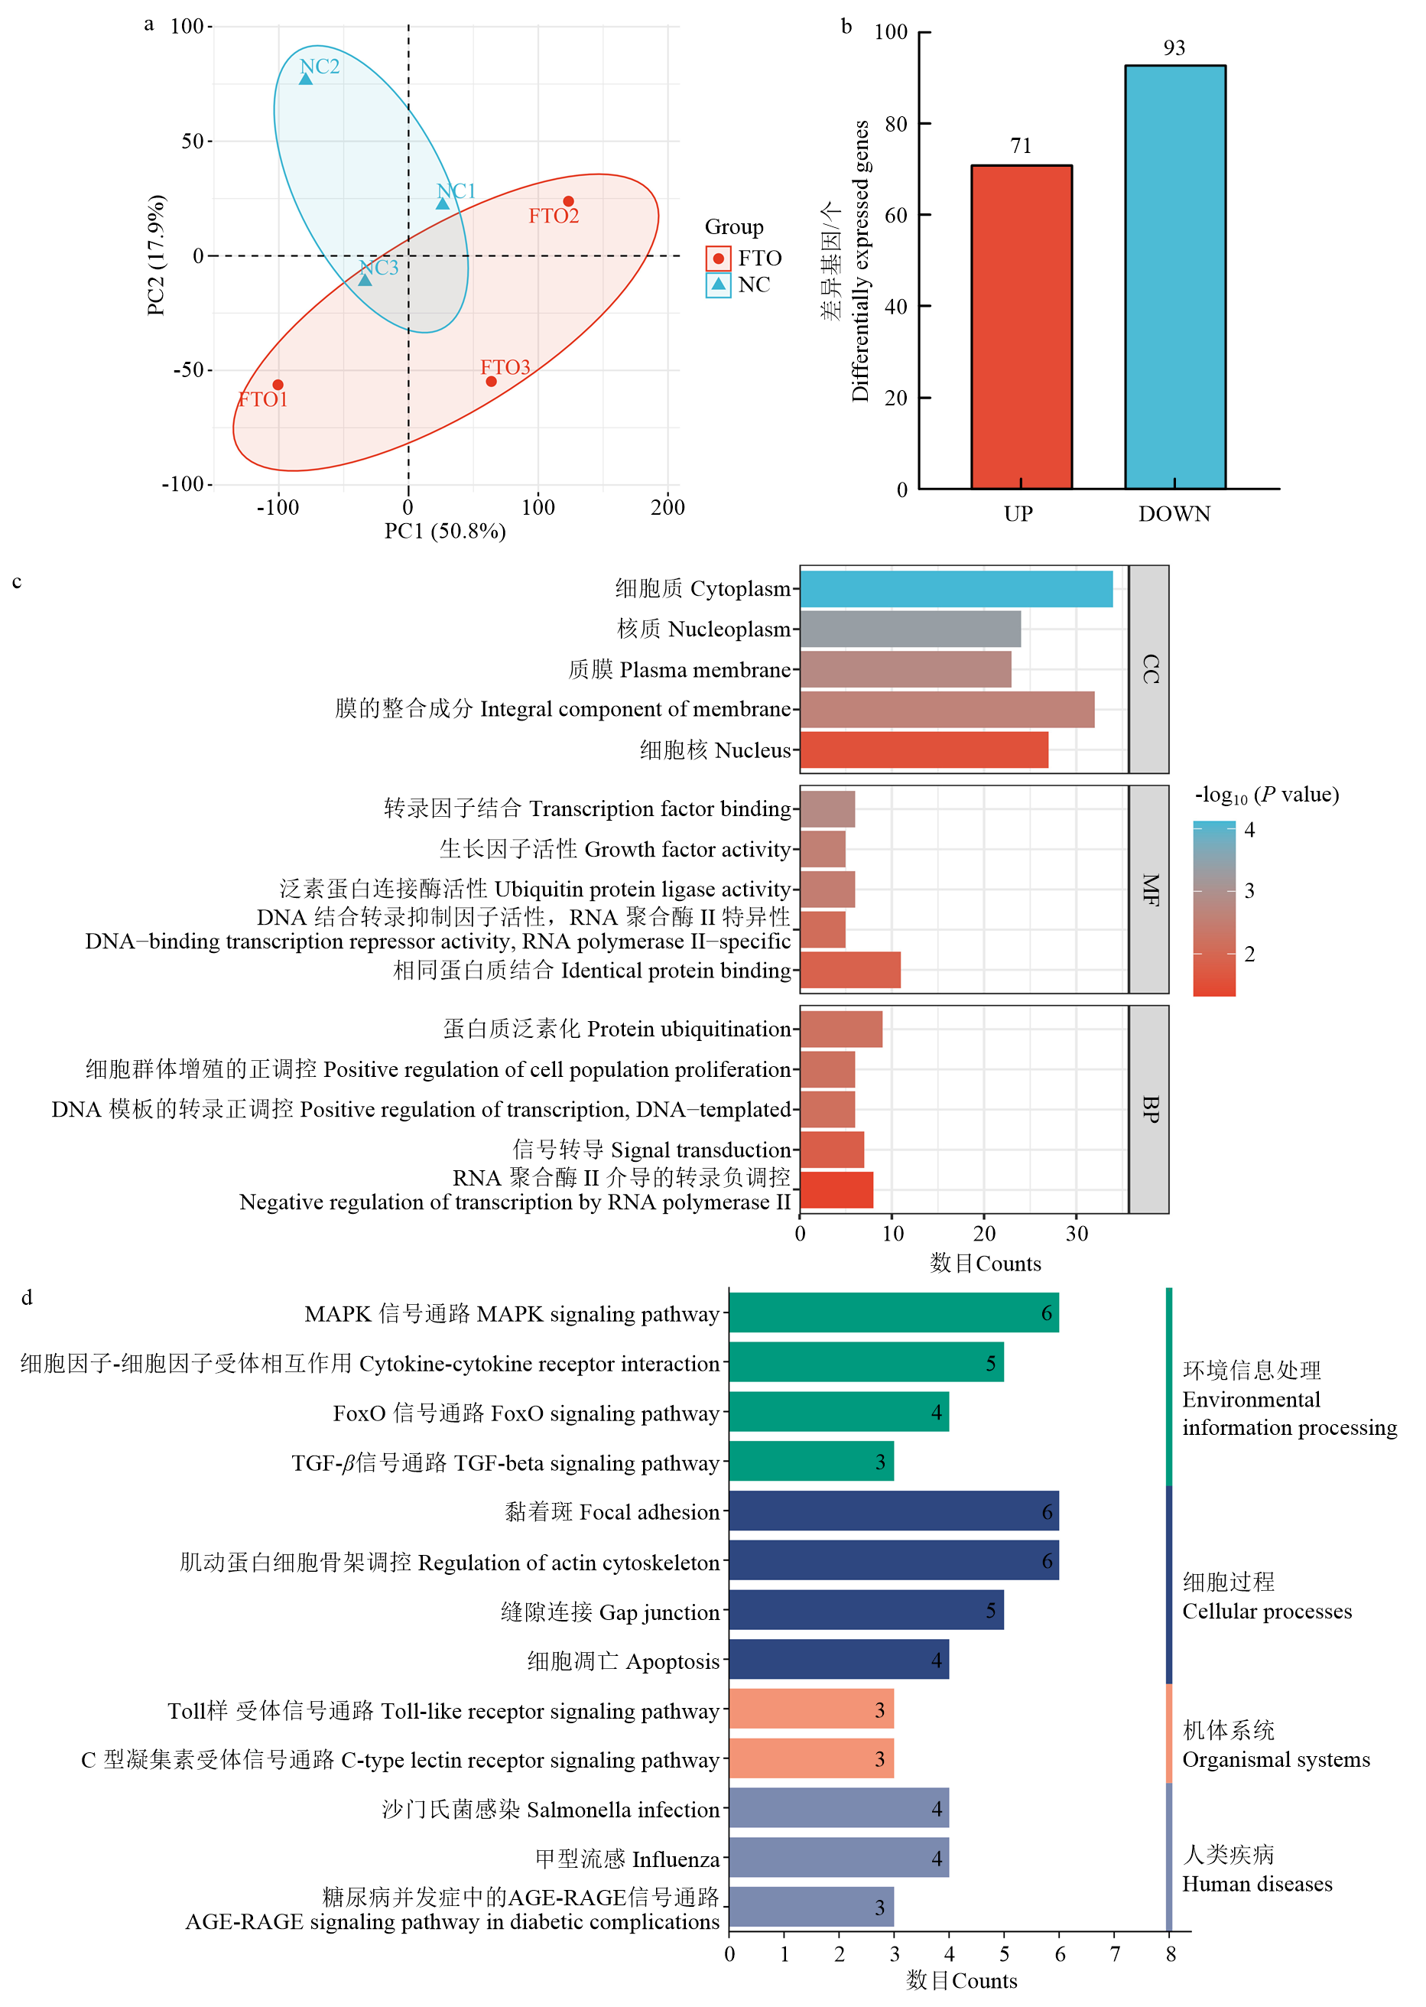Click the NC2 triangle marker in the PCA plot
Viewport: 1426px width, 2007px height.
[x=306, y=79]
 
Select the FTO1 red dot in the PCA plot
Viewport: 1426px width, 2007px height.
[x=278, y=385]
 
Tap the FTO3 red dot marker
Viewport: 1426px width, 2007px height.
[x=491, y=381]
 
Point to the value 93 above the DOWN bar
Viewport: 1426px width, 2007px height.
[x=1174, y=48]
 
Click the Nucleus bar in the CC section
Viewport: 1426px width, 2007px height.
[x=924, y=750]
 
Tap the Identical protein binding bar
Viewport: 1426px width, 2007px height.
[x=850, y=970]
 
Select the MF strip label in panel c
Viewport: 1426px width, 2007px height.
[x=1149, y=889]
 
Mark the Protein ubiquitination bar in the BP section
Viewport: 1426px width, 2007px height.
[x=840, y=1029]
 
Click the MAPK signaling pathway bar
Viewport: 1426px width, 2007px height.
[x=893, y=1313]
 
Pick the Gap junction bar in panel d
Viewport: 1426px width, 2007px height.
[x=866, y=1610]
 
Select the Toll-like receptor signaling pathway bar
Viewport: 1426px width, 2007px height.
[x=810, y=1709]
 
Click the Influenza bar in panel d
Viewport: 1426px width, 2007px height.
[x=839, y=1858]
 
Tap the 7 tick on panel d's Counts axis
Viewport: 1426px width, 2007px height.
[x=1115, y=1953]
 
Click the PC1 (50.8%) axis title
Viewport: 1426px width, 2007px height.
[x=445, y=532]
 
